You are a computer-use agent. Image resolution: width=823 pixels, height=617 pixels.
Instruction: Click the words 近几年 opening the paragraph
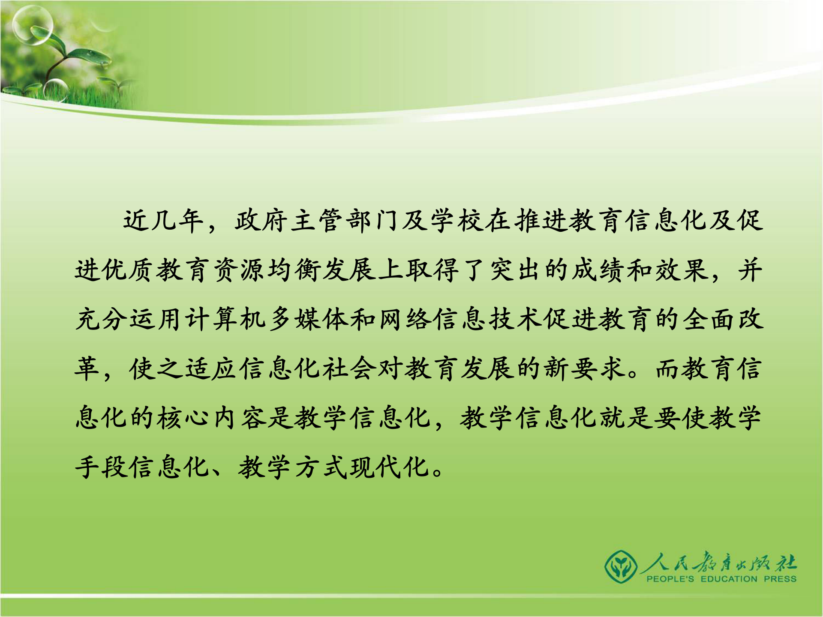(x=163, y=221)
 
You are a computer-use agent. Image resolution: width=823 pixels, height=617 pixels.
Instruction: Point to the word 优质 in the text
(x=117, y=270)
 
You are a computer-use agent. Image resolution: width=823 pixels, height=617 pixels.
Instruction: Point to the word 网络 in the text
(x=405, y=320)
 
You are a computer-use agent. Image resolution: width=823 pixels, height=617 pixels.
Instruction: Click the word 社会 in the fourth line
(x=350, y=368)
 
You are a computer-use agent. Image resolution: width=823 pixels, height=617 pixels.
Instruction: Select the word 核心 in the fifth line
(x=185, y=418)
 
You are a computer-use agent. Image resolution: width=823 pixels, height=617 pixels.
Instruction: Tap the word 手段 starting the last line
(x=102, y=467)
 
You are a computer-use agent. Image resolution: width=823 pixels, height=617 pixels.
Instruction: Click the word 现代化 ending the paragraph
(x=390, y=467)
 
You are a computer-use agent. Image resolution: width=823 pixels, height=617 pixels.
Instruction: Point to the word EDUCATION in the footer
(x=729, y=579)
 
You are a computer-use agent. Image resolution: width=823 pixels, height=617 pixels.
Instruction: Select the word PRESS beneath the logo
(x=780, y=579)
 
